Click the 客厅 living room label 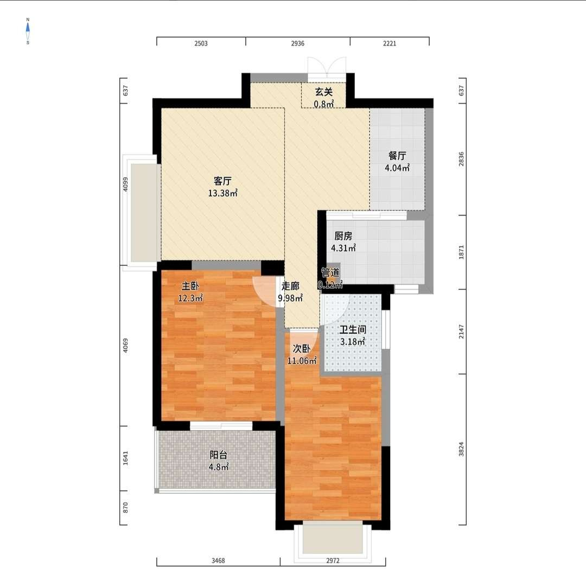pos(222,181)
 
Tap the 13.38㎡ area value pos(223,193)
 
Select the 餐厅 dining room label pos(397,156)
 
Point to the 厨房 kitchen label pos(343,236)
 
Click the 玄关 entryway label pos(323,92)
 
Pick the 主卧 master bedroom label pos(190,286)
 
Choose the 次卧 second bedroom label pos(302,349)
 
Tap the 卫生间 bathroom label pos(353,330)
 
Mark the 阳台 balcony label pos(218,455)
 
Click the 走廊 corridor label pos(290,286)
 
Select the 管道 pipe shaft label pos(330,273)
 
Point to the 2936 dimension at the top pos(298,43)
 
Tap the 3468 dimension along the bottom pos(218,560)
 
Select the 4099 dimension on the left pos(125,184)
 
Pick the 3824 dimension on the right pos(461,449)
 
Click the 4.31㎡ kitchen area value pos(343,248)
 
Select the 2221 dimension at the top pos(390,43)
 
